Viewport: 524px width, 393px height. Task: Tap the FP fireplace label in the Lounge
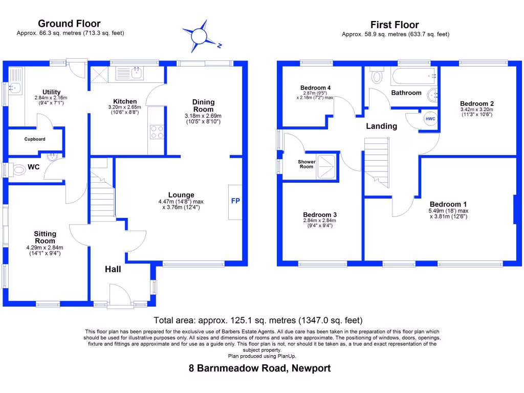tap(235, 201)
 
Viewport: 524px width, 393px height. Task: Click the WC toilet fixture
tap(18, 170)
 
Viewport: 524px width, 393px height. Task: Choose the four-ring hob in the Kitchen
tap(157, 132)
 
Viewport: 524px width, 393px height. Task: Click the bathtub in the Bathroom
tap(413, 77)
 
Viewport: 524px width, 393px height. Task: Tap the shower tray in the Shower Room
tap(327, 167)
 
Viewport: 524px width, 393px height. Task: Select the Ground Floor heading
tap(69, 24)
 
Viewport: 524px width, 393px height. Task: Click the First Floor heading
tap(395, 25)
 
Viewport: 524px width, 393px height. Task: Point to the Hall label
tap(113, 269)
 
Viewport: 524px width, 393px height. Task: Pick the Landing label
tap(381, 126)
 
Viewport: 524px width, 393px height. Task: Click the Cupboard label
tap(35, 139)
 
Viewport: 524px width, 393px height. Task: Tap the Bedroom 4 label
tap(312, 88)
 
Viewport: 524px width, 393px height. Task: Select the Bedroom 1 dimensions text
tap(448, 213)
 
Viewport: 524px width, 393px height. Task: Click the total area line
tap(258, 321)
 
